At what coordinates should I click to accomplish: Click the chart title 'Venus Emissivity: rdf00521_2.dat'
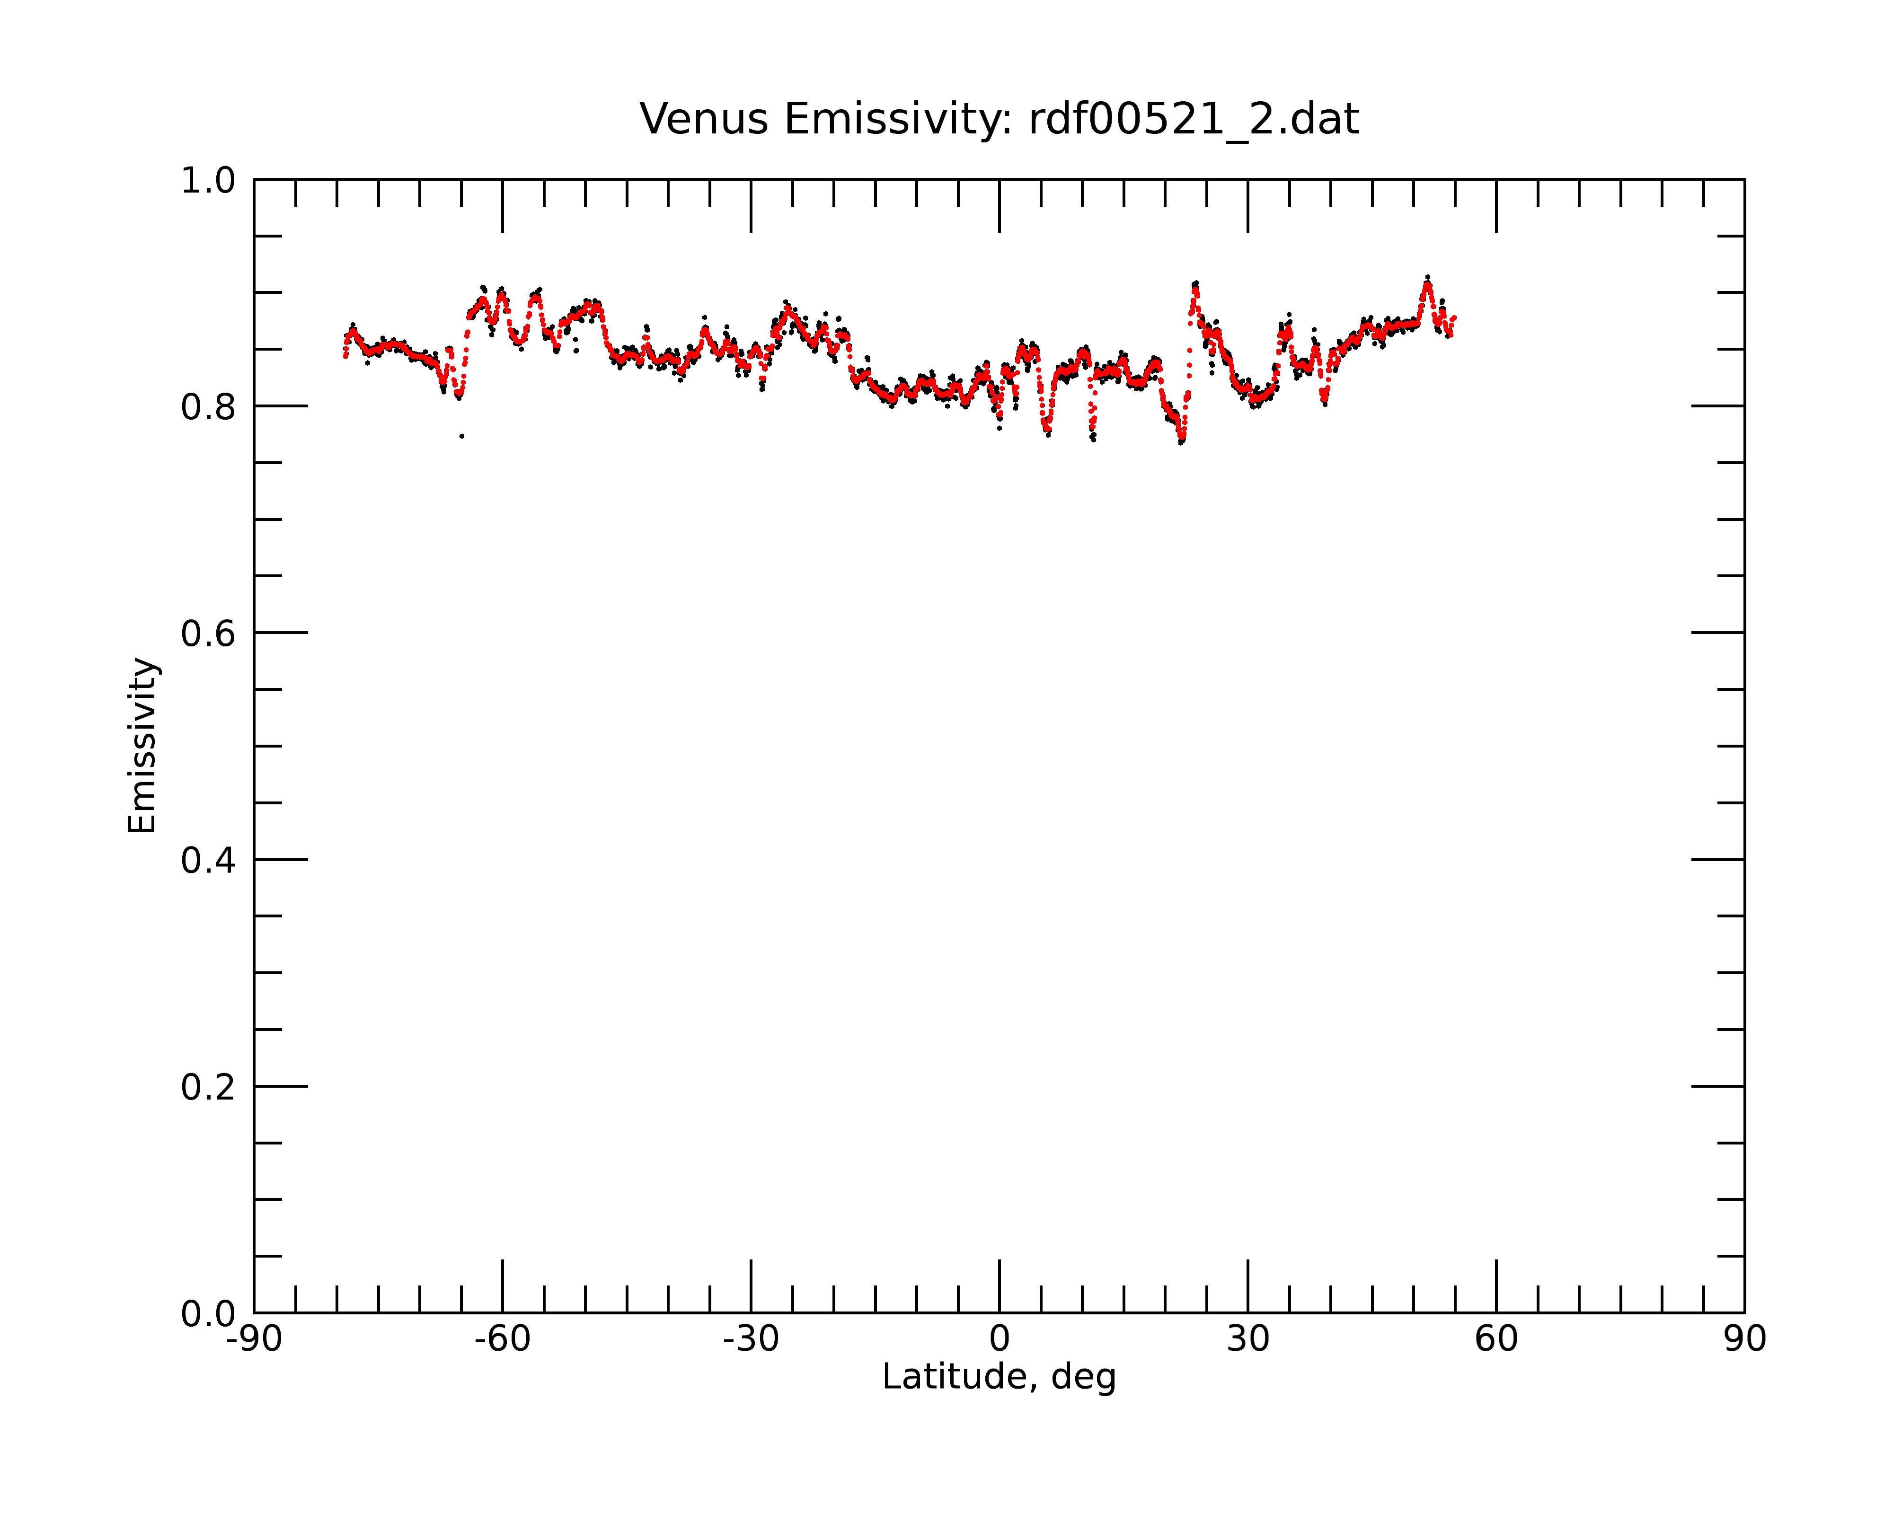pos(999,119)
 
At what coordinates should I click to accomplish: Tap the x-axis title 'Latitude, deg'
pos(999,1376)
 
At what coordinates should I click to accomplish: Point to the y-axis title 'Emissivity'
pos(142,745)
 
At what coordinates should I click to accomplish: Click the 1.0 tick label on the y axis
pos(208,181)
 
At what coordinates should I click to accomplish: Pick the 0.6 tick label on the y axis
pos(208,634)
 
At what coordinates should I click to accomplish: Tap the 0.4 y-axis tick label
pos(208,860)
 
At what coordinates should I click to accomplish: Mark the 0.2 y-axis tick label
pos(208,1087)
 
